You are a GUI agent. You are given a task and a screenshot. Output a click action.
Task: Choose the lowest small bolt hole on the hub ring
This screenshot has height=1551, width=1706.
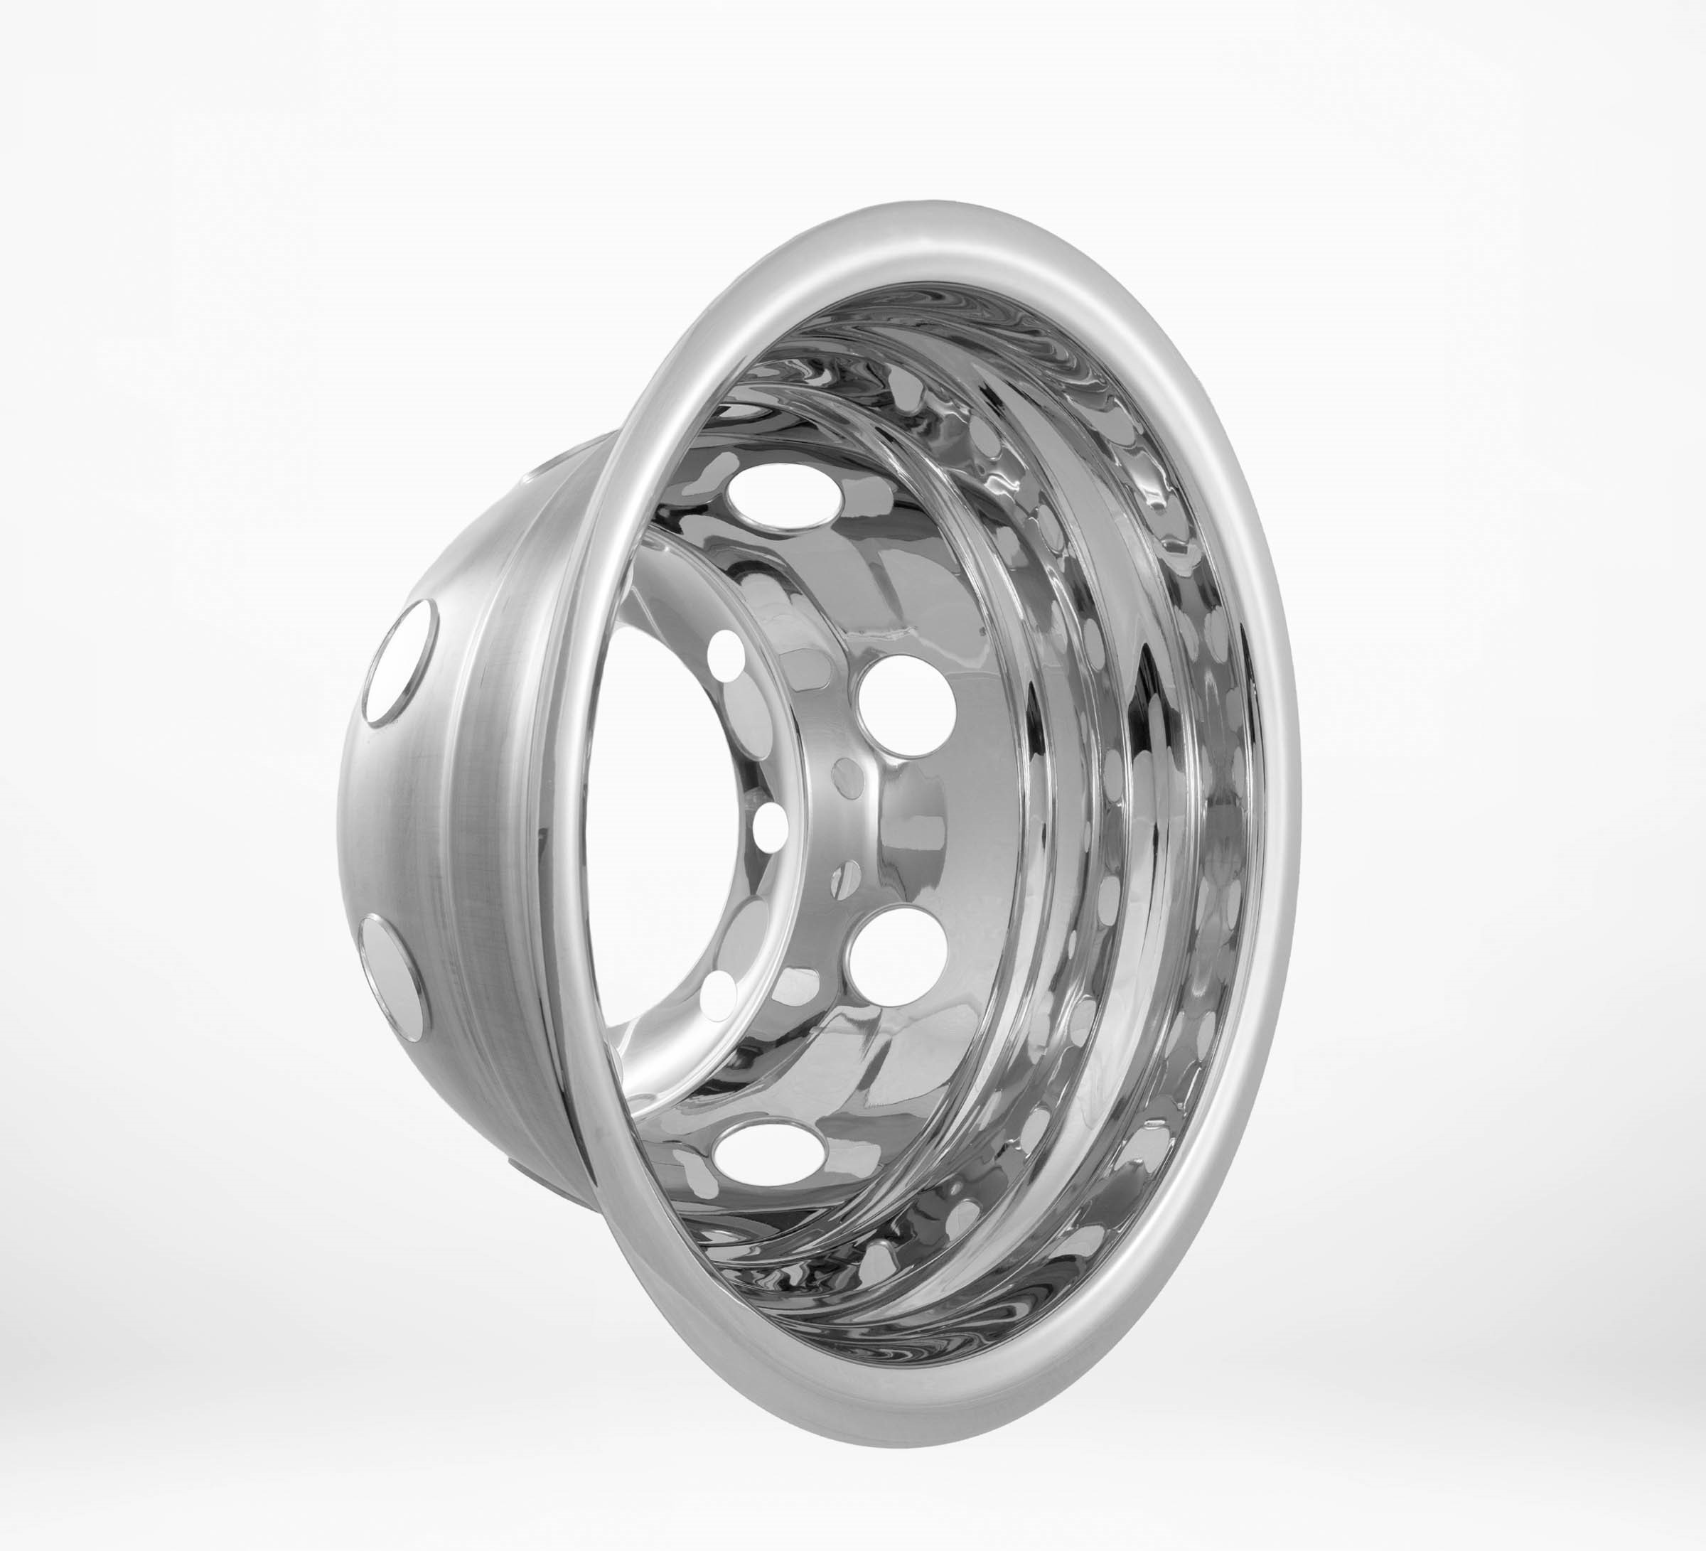pyautogui.click(x=721, y=992)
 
